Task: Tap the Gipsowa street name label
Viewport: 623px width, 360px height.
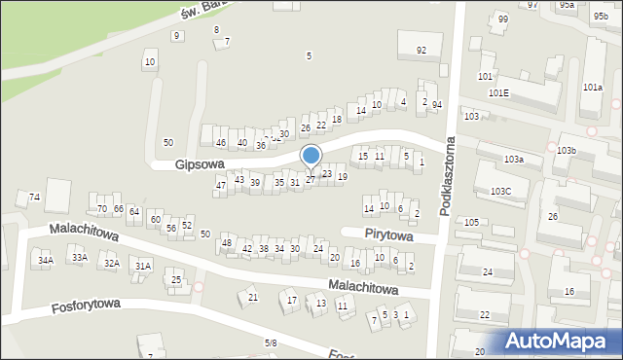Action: click(201, 165)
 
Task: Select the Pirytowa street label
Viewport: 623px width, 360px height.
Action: click(388, 236)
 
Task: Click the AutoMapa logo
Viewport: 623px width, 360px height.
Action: click(559, 341)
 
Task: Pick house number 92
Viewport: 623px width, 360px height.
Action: click(421, 51)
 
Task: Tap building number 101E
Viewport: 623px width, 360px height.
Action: click(498, 93)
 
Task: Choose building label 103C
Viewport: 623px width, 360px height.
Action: click(501, 192)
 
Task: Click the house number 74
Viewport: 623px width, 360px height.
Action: click(35, 198)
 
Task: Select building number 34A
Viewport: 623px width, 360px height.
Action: click(46, 261)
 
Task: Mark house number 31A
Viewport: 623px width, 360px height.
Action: click(143, 266)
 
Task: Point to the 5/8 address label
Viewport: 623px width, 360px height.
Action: click(271, 343)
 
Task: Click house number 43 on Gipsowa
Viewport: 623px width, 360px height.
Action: click(239, 179)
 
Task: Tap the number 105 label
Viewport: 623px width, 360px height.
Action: click(471, 223)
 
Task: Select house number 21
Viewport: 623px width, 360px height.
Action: click(253, 297)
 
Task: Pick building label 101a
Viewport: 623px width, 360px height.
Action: click(593, 88)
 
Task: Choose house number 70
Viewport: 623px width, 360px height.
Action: click(102, 209)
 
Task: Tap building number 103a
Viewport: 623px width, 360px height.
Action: click(514, 159)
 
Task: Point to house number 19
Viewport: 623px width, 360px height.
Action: click(342, 176)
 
